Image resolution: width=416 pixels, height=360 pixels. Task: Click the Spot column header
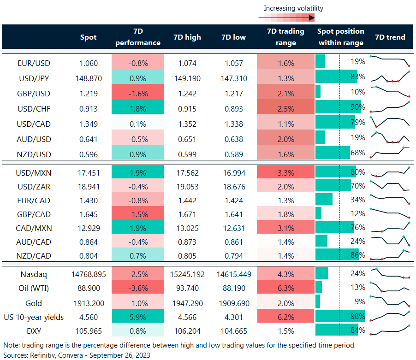pyautogui.click(x=88, y=37)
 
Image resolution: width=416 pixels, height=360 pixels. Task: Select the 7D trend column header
pyautogui.click(x=390, y=37)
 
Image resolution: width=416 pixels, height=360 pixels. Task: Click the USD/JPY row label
pyautogui.click(x=34, y=78)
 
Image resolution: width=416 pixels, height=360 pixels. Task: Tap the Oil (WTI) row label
pyautogui.click(x=34, y=289)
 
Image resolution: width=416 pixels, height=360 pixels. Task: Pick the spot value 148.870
pyautogui.click(x=89, y=78)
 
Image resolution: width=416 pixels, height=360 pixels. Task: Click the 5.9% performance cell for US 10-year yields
pyautogui.click(x=137, y=317)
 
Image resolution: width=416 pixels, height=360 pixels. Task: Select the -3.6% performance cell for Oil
pyautogui.click(x=137, y=289)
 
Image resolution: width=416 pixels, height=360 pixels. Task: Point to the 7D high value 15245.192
pyautogui.click(x=187, y=274)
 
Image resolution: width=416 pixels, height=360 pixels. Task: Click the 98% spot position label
pyautogui.click(x=357, y=317)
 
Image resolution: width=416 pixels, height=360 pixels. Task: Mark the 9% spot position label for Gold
pyautogui.click(x=359, y=303)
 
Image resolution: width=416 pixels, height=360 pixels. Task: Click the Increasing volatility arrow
pyautogui.click(x=286, y=18)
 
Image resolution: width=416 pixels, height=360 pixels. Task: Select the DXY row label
pyautogui.click(x=34, y=331)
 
